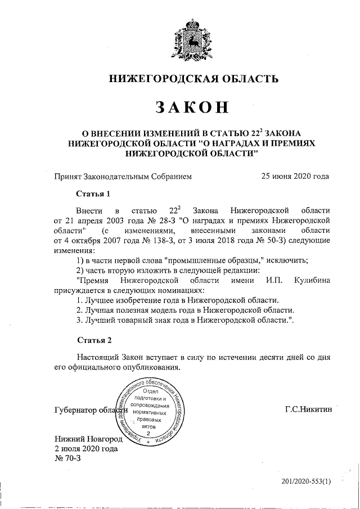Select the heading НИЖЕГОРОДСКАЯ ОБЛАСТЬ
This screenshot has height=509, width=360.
(193, 78)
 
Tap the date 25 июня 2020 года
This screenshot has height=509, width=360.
(295, 176)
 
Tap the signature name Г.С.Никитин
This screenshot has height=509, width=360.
(309, 409)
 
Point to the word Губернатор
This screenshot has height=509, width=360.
(75, 410)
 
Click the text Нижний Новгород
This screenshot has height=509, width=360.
(87, 439)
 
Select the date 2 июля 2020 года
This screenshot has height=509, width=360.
(85, 449)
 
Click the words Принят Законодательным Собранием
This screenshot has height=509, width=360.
(123, 176)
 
